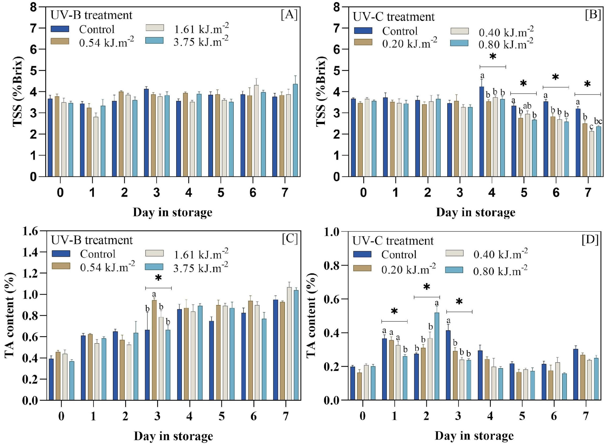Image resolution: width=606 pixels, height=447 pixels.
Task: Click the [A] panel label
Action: point(289,15)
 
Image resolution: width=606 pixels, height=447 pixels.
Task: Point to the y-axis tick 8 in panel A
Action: point(34,7)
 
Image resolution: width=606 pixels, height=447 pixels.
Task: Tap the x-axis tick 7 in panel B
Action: point(588,193)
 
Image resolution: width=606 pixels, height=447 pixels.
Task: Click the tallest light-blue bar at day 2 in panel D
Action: point(437,356)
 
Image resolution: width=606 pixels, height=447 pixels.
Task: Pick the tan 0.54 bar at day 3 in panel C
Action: point(154,350)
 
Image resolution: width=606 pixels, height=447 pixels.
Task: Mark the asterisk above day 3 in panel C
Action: point(158,278)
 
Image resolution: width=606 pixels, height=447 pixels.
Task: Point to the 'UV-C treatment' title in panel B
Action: point(394,17)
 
